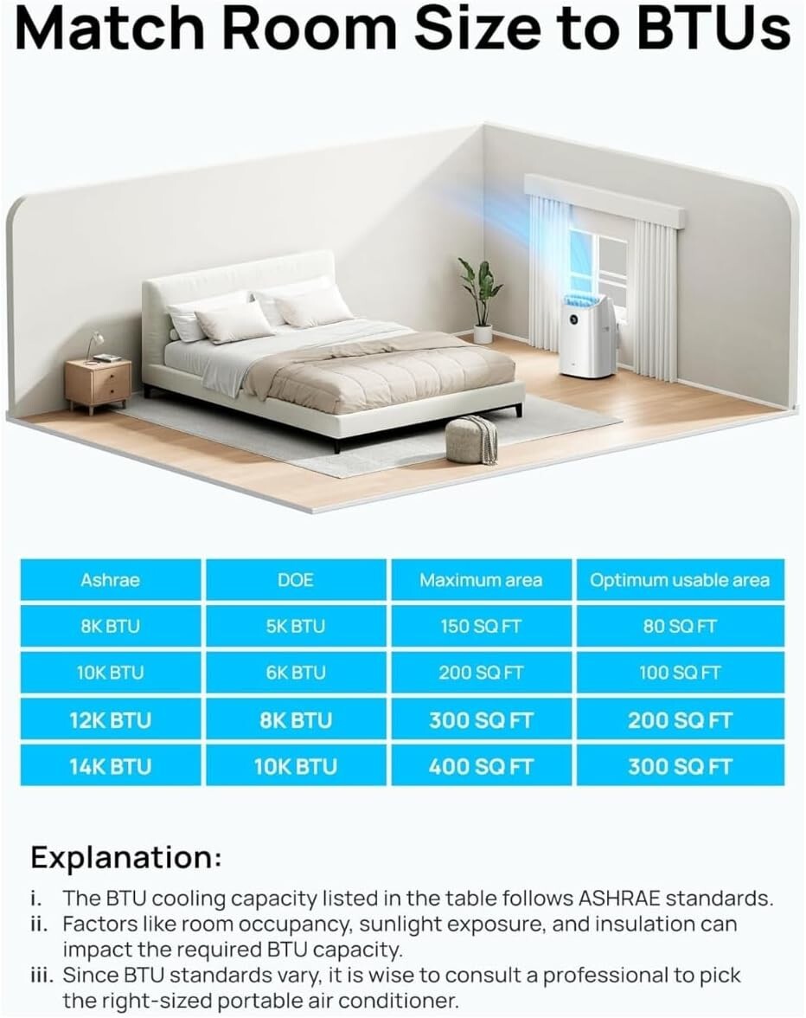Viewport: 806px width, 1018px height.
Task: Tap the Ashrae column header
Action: click(111, 580)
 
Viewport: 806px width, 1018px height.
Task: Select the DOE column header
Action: click(296, 580)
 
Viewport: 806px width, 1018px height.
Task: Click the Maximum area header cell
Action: click(482, 580)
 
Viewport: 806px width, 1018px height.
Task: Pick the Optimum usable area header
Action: click(680, 580)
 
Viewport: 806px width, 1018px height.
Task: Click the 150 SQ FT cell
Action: click(482, 626)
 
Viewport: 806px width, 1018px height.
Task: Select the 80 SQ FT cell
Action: click(680, 626)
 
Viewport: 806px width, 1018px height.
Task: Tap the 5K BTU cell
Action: click(296, 626)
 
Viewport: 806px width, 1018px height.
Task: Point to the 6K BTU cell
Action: click(296, 673)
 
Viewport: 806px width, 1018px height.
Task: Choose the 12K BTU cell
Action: click(111, 720)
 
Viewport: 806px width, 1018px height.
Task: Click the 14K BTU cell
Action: click(111, 766)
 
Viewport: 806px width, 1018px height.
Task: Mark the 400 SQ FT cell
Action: click(482, 766)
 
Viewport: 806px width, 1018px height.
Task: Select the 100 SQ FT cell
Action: click(680, 673)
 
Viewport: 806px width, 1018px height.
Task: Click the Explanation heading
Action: click(126, 858)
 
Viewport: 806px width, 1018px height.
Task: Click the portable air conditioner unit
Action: click(588, 336)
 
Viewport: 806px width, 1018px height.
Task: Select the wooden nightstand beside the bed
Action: click(99, 384)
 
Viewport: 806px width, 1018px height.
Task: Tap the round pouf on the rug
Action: click(471, 439)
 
